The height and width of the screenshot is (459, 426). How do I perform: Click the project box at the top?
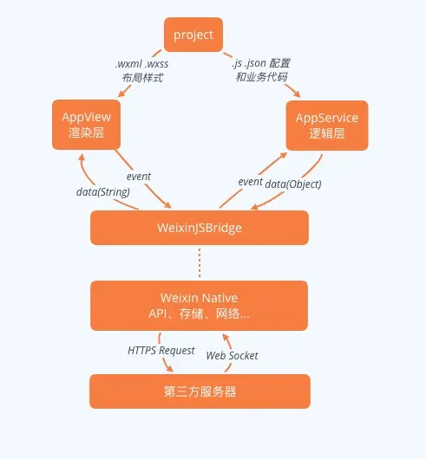pos(193,36)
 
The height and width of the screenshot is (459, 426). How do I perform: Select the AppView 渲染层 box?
pos(85,125)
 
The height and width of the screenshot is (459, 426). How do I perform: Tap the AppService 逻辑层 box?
pos(326,125)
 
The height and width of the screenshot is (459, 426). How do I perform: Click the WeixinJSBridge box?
pos(200,228)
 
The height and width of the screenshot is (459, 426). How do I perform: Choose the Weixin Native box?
pos(200,305)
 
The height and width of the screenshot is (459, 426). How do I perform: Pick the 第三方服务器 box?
pos(200,391)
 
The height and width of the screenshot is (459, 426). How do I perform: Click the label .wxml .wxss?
pos(142,63)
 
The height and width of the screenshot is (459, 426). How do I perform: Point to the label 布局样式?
pos(142,77)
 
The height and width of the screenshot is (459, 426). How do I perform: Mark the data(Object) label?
pos(293,184)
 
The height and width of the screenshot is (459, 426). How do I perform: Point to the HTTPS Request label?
pos(161,350)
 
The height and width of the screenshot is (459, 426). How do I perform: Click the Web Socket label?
pos(232,355)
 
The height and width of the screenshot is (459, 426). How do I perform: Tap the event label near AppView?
pos(138,177)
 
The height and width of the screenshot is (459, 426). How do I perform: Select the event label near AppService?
pos(250,183)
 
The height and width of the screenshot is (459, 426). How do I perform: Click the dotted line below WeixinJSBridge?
pos(200,258)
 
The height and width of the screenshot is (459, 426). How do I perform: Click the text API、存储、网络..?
pos(200,314)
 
